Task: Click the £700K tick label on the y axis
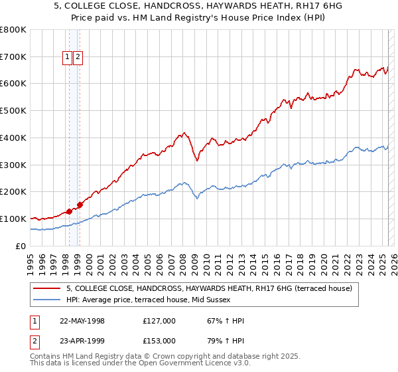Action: coord(13,56)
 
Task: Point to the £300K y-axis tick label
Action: coord(13,165)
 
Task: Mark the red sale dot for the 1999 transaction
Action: coord(80,205)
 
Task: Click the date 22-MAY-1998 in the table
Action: coord(82,321)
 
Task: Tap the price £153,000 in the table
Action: coord(159,340)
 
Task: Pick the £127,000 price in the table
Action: coord(159,321)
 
